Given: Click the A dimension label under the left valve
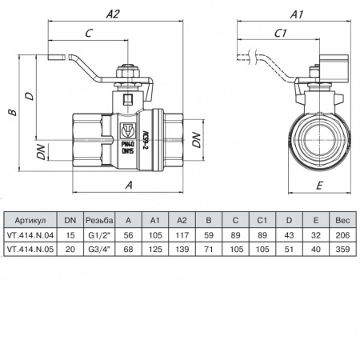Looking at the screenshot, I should pos(130,185).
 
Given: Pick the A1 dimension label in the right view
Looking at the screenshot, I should pos(298,14).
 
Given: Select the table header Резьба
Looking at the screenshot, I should pos(98,219).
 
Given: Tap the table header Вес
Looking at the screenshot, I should pos(342,219).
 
